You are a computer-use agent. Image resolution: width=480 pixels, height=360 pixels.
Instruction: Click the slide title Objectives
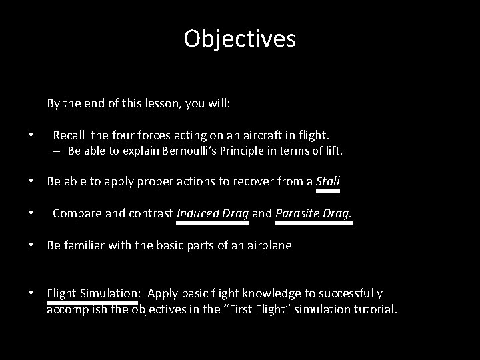[239, 39]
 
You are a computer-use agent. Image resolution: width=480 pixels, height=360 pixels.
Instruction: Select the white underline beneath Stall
[327, 191]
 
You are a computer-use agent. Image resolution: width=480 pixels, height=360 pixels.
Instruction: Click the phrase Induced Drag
[213, 213]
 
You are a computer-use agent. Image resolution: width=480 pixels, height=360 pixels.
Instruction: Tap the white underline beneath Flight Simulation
[92, 302]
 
